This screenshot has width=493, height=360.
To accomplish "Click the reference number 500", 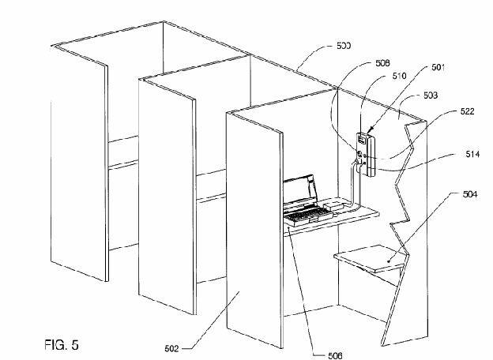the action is pyautogui.click(x=344, y=46).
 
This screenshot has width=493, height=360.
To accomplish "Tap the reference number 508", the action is pyautogui.click(x=382, y=63).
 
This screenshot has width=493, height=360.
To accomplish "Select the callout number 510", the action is pyautogui.click(x=399, y=76).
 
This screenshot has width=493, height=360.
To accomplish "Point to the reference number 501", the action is pyautogui.click(x=438, y=67).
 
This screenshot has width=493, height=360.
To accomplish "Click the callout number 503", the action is pyautogui.click(x=430, y=95).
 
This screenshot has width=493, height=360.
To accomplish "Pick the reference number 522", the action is pyautogui.click(x=467, y=111).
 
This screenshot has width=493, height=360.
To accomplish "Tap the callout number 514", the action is pyautogui.click(x=472, y=154).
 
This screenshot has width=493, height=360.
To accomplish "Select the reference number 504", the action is pyautogui.click(x=470, y=194).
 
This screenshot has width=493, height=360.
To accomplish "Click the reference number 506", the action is pyautogui.click(x=335, y=355).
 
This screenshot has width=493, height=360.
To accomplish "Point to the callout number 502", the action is pyautogui.click(x=171, y=348).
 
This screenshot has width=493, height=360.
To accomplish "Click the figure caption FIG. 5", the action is pyautogui.click(x=62, y=345).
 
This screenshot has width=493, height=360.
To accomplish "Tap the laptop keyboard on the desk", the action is pyautogui.click(x=303, y=216).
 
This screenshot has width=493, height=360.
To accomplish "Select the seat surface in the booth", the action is pyautogui.click(x=370, y=258).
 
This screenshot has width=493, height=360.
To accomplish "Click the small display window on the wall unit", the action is pyautogui.click(x=361, y=139).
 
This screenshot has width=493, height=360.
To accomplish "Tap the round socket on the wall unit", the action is pyautogui.click(x=359, y=155).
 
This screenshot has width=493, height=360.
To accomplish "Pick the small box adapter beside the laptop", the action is pyautogui.click(x=334, y=205).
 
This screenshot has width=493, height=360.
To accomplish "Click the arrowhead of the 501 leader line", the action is pyautogui.click(x=370, y=129).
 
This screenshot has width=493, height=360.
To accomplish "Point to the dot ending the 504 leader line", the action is pyautogui.click(x=390, y=261).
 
